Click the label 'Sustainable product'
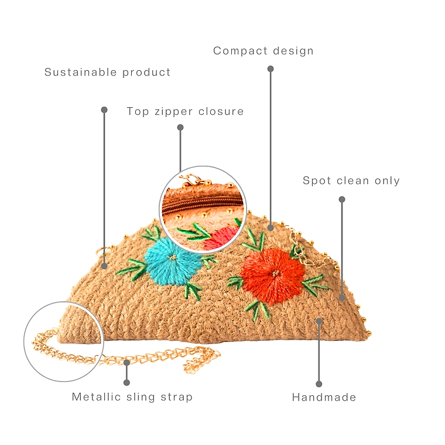tap(108, 73)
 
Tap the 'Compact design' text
tap(263, 51)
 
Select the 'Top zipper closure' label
tap(185, 111)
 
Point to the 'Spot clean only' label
tap(351, 180)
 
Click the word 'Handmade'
tap(324, 398)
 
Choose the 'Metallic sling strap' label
tap(132, 397)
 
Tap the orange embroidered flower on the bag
tap(272, 275)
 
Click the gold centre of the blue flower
tap(173, 258)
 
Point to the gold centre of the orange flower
tap(275, 273)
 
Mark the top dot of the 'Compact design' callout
tap(271, 69)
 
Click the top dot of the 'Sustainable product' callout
tap(104, 110)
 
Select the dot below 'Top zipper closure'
tap(180, 128)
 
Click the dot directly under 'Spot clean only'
tap(342, 200)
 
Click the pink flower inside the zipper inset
tap(221, 238)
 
